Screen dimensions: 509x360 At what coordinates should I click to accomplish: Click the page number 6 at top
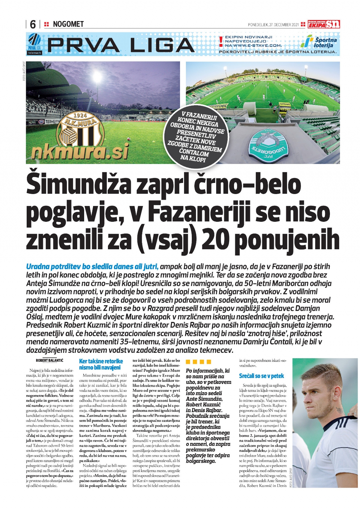pyautogui.click(x=33, y=24)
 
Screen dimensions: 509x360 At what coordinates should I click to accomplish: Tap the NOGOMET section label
pyautogui.click(x=68, y=24)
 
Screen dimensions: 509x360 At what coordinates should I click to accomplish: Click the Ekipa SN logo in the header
pyautogui.click(x=324, y=24)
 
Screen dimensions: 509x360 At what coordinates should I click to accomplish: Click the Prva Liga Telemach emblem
pyautogui.click(x=34, y=44)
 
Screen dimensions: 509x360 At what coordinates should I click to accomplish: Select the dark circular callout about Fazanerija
pyautogui.click(x=196, y=137)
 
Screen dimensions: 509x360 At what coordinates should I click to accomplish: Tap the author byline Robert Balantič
pyautogui.click(x=49, y=360)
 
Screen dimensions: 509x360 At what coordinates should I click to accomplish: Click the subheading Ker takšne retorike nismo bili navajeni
pyautogui.click(x=101, y=364)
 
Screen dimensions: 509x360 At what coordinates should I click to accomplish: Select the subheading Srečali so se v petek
pyautogui.click(x=262, y=376)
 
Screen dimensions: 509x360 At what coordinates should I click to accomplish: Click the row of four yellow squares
pyautogui.click(x=198, y=362)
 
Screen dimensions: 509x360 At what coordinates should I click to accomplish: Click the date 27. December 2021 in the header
pyautogui.click(x=273, y=25)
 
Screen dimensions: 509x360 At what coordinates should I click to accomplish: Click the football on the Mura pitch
pyautogui.click(x=129, y=139)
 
